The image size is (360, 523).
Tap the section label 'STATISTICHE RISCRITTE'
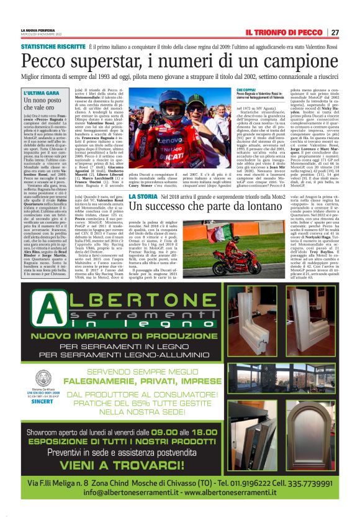coord(53,47)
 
